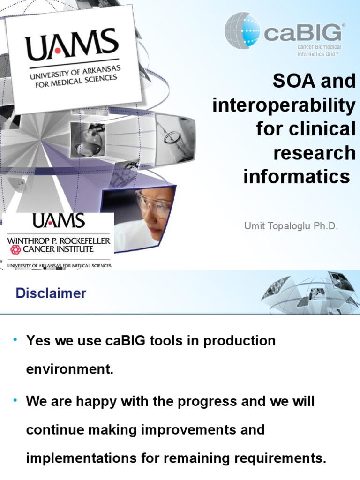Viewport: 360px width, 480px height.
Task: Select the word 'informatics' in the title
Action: coord(296,177)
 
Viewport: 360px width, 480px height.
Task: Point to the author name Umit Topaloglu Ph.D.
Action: coord(291,226)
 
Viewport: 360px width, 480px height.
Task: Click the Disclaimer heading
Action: coord(51,293)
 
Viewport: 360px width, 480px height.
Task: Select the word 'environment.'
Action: coord(70,368)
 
